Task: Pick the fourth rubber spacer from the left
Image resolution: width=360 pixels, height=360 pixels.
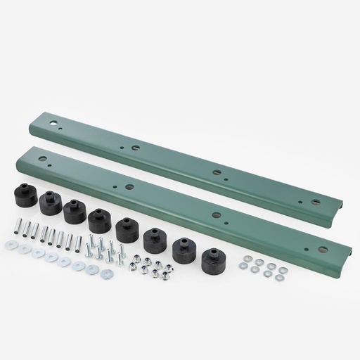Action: [99, 219]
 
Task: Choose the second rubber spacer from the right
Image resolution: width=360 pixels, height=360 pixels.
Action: [184, 250]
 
